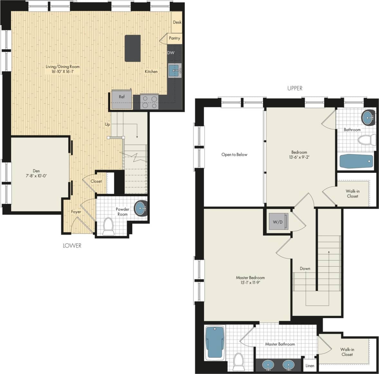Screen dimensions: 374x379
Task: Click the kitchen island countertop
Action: pyautogui.click(x=133, y=48)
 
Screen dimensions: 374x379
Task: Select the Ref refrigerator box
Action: pyautogui.click(x=122, y=99)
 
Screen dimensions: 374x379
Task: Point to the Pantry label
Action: pyautogui.click(x=175, y=38)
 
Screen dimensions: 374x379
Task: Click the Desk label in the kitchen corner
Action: pyautogui.click(x=177, y=22)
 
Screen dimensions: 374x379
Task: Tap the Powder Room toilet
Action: pyautogui.click(x=109, y=227)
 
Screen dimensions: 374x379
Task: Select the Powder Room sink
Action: pyautogui.click(x=140, y=208)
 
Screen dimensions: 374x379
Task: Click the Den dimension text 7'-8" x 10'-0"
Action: pyautogui.click(x=36, y=176)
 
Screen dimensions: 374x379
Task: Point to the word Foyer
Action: pyautogui.click(x=76, y=212)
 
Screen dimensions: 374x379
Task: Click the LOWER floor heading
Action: pyautogui.click(x=72, y=246)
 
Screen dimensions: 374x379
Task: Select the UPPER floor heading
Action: pyautogui.click(x=295, y=88)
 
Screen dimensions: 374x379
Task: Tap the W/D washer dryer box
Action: pyautogui.click(x=278, y=222)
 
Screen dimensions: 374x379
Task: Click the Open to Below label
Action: pyautogui.click(x=234, y=154)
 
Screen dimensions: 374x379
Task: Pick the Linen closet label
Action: pyautogui.click(x=310, y=366)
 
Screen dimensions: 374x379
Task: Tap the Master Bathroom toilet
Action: pyautogui.click(x=238, y=362)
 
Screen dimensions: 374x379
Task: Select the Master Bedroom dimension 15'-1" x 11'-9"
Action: pyautogui.click(x=250, y=283)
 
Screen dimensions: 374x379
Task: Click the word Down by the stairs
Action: pyautogui.click(x=305, y=268)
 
